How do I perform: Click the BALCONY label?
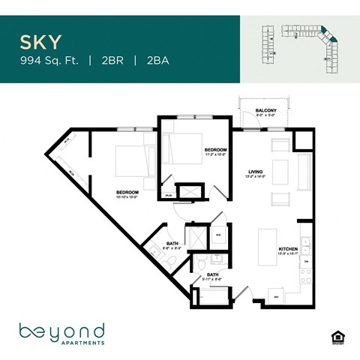tap(266, 111)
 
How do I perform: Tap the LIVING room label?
tap(256, 173)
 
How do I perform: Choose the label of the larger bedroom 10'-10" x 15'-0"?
tap(127, 193)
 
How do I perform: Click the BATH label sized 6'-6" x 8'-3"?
tap(172, 244)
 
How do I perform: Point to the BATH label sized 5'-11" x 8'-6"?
tap(213, 277)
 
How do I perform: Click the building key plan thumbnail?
tap(299, 46)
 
